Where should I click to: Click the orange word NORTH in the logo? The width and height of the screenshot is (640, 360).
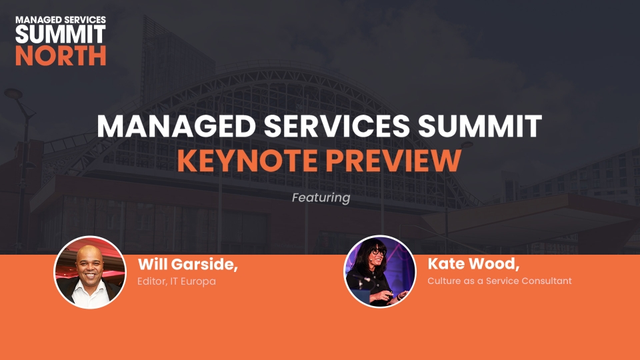click(x=61, y=55)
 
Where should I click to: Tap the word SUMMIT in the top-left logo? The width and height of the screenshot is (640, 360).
click(x=61, y=34)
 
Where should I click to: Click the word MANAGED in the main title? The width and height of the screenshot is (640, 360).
click(x=176, y=126)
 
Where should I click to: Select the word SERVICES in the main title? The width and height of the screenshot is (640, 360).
click(x=337, y=126)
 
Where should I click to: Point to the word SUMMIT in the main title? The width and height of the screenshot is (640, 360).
click(x=480, y=126)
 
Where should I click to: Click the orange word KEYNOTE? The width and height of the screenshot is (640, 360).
click(x=247, y=161)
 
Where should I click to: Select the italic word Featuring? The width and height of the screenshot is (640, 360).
click(x=321, y=198)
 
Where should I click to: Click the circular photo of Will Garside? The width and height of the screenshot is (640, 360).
click(x=90, y=272)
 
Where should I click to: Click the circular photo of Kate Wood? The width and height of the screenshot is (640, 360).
click(x=379, y=271)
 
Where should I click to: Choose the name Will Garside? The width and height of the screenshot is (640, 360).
click(x=188, y=265)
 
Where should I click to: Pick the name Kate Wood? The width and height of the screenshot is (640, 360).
click(x=473, y=264)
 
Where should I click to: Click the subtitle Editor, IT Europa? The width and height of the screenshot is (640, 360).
click(x=176, y=281)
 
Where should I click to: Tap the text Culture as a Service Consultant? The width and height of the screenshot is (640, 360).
click(x=499, y=281)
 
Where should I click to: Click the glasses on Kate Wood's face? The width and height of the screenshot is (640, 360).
click(x=378, y=252)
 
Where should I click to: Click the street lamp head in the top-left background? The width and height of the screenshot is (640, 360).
click(x=13, y=94)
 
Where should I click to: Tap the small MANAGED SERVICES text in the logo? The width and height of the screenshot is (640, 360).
click(x=61, y=19)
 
